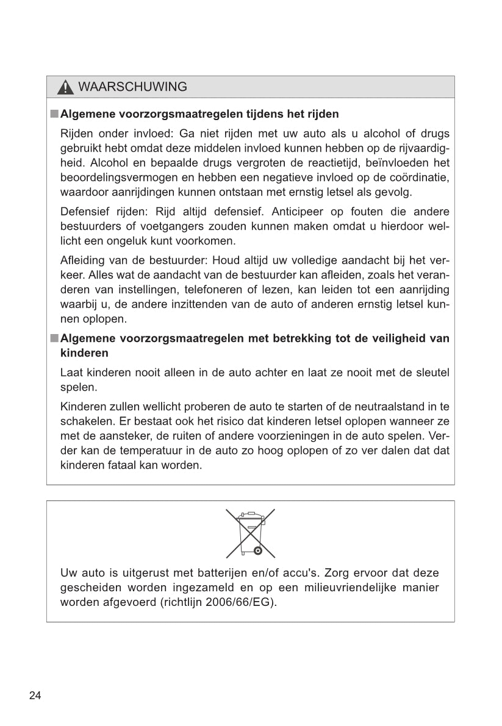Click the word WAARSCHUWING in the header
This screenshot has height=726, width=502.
pos(133,87)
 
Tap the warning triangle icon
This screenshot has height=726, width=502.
pos(65,88)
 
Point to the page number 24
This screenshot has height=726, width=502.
pos(35,696)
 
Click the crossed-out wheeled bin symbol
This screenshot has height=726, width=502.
pos(251,533)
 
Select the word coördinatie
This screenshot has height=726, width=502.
pos(415,177)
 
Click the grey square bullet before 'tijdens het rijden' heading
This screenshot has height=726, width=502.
pos(54,114)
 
